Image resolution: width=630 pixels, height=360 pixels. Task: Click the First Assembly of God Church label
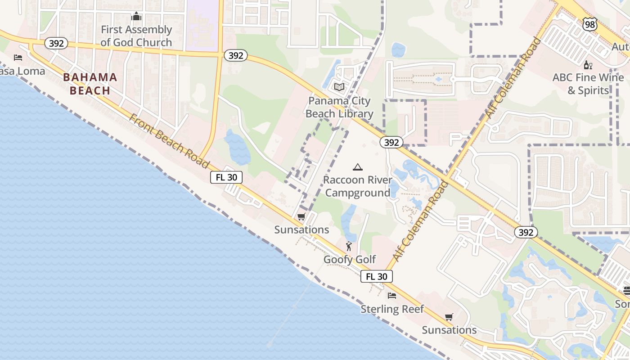136,36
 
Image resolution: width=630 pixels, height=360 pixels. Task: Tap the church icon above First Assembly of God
136,17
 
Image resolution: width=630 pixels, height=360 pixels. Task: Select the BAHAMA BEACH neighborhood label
90,84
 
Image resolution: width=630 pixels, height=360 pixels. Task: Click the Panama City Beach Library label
339,107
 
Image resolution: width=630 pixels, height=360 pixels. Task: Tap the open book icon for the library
339,87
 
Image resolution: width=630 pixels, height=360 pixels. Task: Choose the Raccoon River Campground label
357,186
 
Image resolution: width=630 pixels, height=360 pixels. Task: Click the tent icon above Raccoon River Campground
358,167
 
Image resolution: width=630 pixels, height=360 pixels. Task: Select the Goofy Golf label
350,260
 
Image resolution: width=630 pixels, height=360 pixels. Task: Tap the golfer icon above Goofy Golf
349,246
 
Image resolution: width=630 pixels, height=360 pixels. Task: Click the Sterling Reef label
392,309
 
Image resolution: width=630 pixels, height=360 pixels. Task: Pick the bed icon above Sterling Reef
392,296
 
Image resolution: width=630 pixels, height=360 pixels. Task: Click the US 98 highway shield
589,25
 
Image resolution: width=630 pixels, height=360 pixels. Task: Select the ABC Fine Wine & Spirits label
588,84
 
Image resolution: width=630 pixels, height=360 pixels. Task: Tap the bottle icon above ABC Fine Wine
588,65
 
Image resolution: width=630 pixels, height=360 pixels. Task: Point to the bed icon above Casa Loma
18,58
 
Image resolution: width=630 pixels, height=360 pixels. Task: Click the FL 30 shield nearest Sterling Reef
377,276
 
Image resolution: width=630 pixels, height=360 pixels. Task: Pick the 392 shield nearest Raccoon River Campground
391,142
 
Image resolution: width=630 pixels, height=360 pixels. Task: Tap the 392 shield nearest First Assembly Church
56,43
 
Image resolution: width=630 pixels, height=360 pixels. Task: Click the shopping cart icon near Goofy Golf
301,216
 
